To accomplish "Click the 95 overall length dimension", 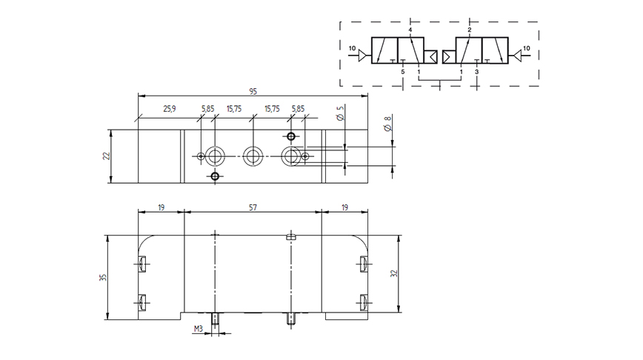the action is point(253,91).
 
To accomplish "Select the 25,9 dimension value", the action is point(170,109).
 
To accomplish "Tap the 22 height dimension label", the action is point(107,156).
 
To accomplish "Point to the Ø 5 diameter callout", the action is point(340,113).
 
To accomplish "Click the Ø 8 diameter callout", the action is point(387,123).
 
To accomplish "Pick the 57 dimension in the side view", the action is point(253,207).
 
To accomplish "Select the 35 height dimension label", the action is point(103,277).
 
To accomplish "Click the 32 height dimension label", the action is point(394,273).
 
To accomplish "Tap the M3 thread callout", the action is point(199,328).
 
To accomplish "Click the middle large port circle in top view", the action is point(253,156).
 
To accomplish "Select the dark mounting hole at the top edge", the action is point(291,136).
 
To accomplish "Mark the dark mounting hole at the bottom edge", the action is point(215,177).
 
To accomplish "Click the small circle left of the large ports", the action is point(201,156).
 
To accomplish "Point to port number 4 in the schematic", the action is point(410,30).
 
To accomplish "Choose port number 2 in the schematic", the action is point(470,30).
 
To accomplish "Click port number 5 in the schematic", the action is point(403,72).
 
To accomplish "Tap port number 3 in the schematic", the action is point(476,72).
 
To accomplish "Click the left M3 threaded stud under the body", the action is point(215,319).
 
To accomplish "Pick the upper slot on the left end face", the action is point(142,264).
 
